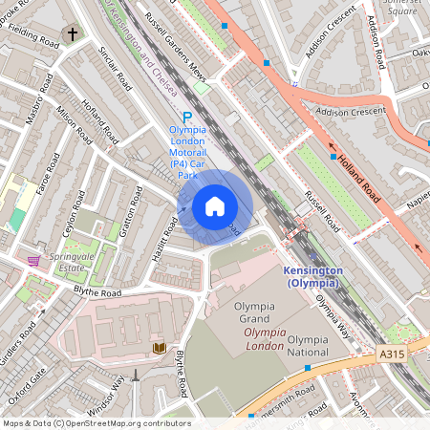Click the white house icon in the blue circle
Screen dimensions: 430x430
[215, 205]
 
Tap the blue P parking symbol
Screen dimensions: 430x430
[187, 117]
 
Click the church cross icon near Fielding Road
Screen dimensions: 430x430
[73, 35]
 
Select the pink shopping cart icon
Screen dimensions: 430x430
[34, 260]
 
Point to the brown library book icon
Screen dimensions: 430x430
[158, 348]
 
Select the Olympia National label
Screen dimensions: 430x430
[309, 346]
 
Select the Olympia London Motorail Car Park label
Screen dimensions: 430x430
[187, 153]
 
